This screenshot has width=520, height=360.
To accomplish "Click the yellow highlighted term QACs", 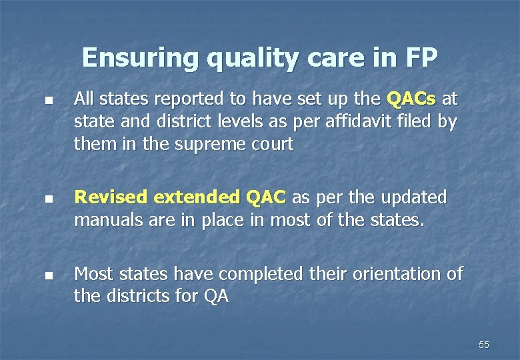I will coord(411,100).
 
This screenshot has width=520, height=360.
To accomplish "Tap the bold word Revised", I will coord(111,198).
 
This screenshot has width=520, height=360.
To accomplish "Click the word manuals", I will coord(110,220).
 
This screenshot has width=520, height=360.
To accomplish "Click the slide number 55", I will coord(484,345).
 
